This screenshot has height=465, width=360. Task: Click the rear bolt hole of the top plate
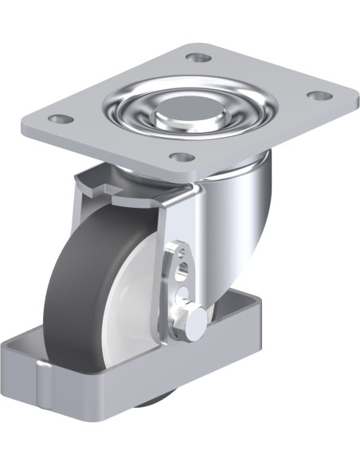pos(198,57)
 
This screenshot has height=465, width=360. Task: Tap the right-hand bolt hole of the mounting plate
pos(319,96)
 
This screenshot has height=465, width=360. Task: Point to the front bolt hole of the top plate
pos(182,156)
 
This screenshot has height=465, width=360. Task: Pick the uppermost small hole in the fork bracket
pos(184,254)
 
